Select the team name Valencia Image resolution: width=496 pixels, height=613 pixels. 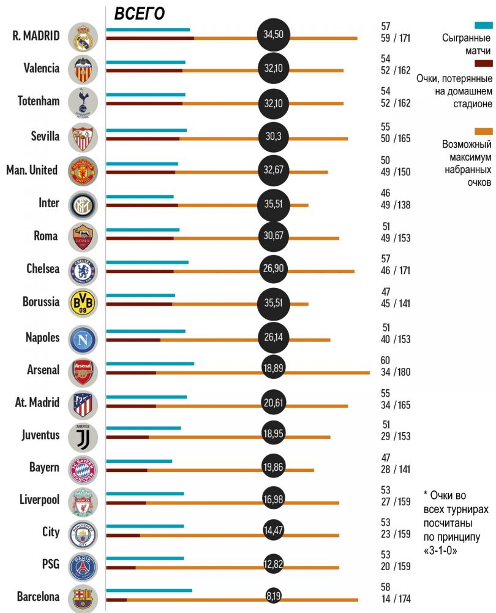[x=42, y=68]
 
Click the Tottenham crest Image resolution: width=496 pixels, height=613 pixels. [x=83, y=101]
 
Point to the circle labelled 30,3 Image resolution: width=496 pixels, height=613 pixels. [x=273, y=136]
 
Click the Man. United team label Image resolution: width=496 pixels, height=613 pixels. [x=32, y=170]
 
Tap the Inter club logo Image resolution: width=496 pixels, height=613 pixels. [x=83, y=204]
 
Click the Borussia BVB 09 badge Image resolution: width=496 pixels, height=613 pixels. [x=83, y=302]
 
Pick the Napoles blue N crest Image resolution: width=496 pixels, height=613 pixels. [x=83, y=338]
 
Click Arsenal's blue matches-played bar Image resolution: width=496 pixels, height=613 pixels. [x=150, y=364]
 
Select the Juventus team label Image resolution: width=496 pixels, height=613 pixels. [x=40, y=435]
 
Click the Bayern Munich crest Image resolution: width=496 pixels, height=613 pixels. [x=83, y=470]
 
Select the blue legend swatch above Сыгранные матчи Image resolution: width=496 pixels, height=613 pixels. [x=484, y=26]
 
